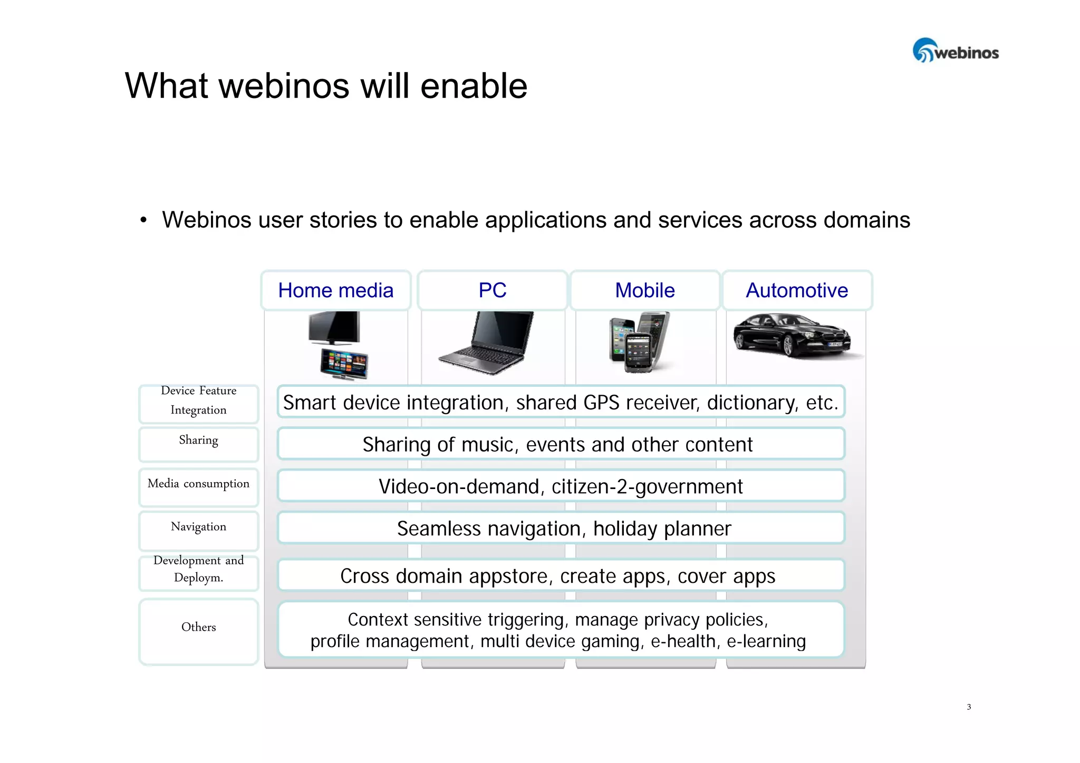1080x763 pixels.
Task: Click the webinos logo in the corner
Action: point(955,51)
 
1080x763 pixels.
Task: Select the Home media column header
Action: point(335,290)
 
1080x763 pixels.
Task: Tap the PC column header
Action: point(492,290)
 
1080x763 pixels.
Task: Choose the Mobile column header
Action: point(644,290)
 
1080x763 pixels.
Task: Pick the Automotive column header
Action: point(797,290)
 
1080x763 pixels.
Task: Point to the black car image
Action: point(792,336)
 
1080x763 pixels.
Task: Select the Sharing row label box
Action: point(198,444)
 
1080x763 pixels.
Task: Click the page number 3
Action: point(969,707)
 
